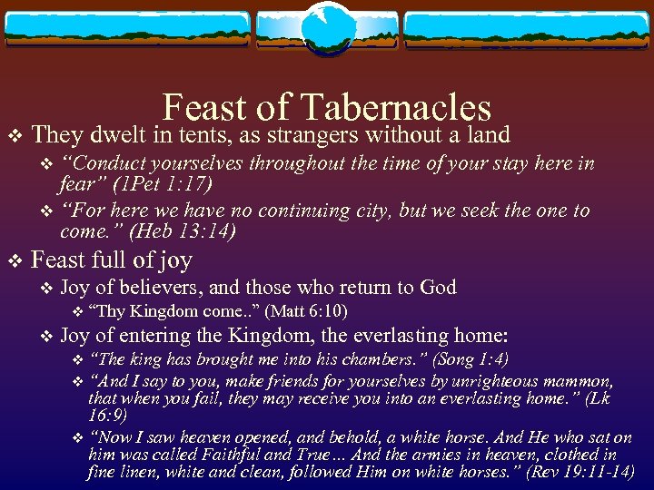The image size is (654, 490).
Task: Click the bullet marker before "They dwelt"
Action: (13, 137)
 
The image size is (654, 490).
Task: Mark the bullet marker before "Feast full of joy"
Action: (13, 262)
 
